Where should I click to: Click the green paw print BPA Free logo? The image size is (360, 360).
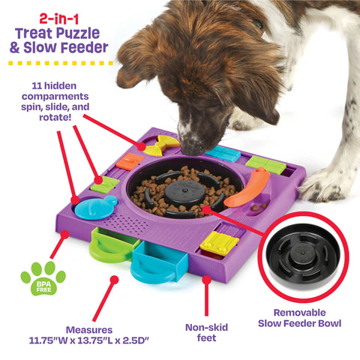tap(43, 278)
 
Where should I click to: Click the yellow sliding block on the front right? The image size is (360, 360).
tap(218, 242)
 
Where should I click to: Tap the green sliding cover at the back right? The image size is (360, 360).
tap(266, 164)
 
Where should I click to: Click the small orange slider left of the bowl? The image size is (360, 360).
tap(130, 161)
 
